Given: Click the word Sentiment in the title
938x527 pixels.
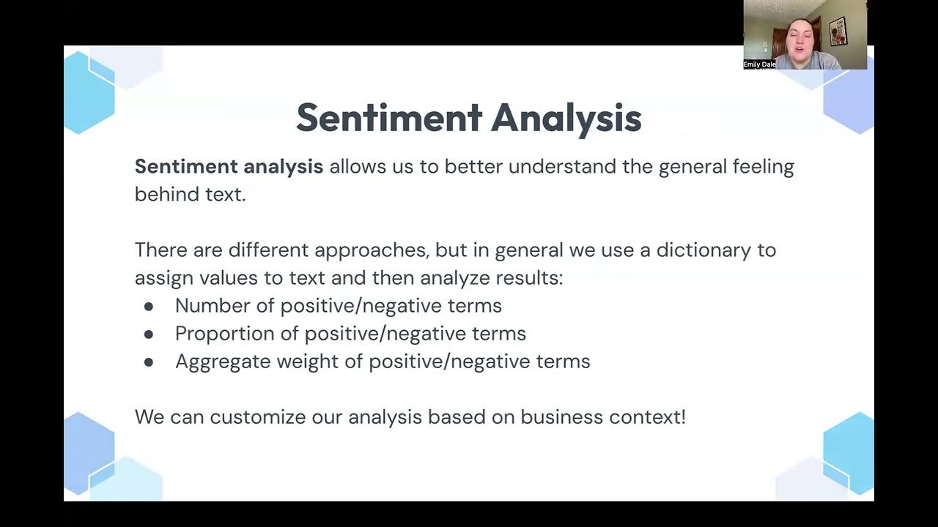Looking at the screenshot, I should (389, 118).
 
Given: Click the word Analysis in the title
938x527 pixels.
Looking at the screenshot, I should (566, 118).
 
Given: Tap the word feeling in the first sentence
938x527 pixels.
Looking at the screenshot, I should (763, 167).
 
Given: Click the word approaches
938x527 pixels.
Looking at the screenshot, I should (371, 250).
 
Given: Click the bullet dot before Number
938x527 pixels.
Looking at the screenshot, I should (149, 306).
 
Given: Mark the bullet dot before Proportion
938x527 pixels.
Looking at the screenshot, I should (149, 334).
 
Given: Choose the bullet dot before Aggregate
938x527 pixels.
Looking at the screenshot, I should (149, 362).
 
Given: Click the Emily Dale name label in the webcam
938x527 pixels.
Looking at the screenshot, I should (759, 64).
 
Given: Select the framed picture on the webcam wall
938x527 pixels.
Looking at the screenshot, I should (838, 31).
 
